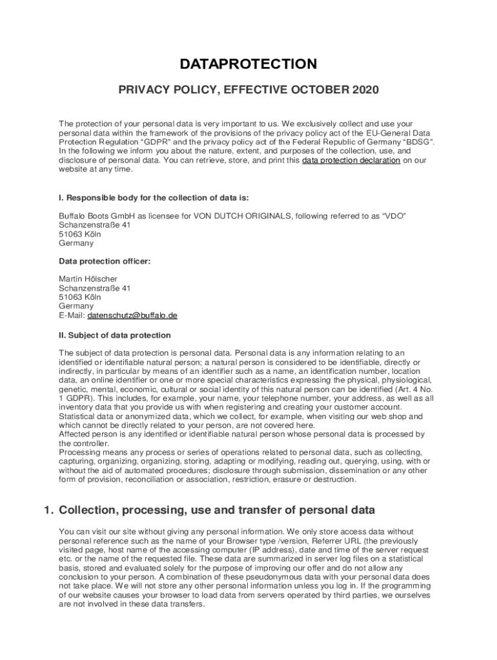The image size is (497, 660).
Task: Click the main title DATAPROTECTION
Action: pyautogui.click(x=249, y=64)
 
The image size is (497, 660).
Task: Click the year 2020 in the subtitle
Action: pyautogui.click(x=362, y=90)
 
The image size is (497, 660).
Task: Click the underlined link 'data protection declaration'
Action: pyautogui.click(x=351, y=160)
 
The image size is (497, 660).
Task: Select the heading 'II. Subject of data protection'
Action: pyautogui.click(x=115, y=335)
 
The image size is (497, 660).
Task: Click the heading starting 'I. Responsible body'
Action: pyautogui.click(x=154, y=198)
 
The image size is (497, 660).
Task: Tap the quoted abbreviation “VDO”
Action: pyautogui.click(x=392, y=216)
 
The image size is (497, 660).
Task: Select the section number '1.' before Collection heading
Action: pyautogui.click(x=48, y=510)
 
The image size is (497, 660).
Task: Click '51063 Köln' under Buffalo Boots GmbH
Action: pyautogui.click(x=80, y=234)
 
